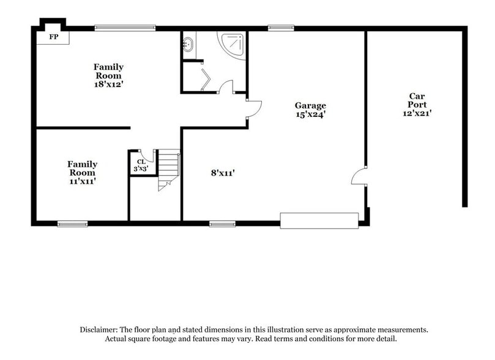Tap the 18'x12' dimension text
(x=108, y=84)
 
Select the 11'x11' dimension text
(x=83, y=181)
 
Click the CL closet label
(x=141, y=162)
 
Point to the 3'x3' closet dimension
(x=141, y=168)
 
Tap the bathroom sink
(x=188, y=44)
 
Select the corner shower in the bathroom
(x=233, y=45)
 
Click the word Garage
(x=310, y=105)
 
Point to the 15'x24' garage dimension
(x=310, y=114)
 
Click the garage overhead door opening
(x=319, y=220)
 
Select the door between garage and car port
(x=360, y=176)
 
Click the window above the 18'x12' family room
(x=125, y=28)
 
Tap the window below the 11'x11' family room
(x=72, y=224)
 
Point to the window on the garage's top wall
(x=281, y=28)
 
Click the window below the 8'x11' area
(x=222, y=224)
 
